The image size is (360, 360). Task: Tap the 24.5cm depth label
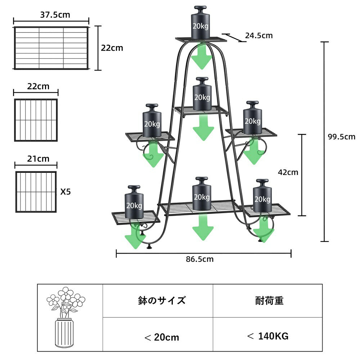point(259,35)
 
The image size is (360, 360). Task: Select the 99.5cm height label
point(341,137)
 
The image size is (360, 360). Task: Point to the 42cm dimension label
point(288,172)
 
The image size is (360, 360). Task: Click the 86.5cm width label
point(200,259)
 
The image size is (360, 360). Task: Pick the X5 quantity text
point(66,192)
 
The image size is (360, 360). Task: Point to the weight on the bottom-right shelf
point(262,196)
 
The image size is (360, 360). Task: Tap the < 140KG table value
point(268,336)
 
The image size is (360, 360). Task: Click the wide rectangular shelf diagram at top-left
point(51,48)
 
